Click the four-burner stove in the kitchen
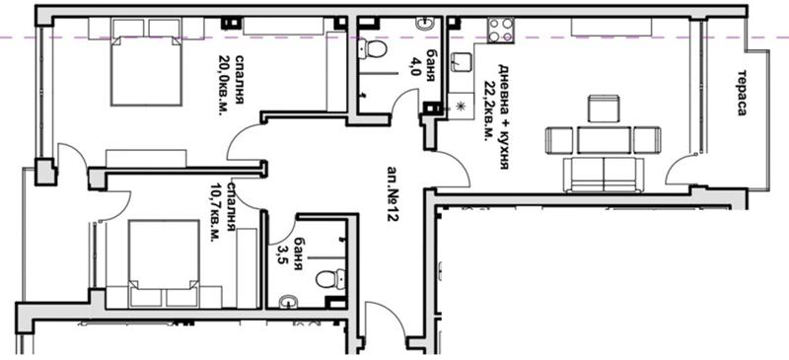point(500,31)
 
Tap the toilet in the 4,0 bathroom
point(373,49)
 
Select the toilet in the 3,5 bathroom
point(331,278)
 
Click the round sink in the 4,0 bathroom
point(425,23)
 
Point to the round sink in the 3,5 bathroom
point(289,301)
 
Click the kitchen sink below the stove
point(461,62)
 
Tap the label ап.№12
point(393,194)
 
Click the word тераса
point(742,93)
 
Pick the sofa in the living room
point(604,176)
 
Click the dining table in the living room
point(604,140)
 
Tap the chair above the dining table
point(604,108)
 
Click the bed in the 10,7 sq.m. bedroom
point(164,262)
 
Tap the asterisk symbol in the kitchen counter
point(459,107)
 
